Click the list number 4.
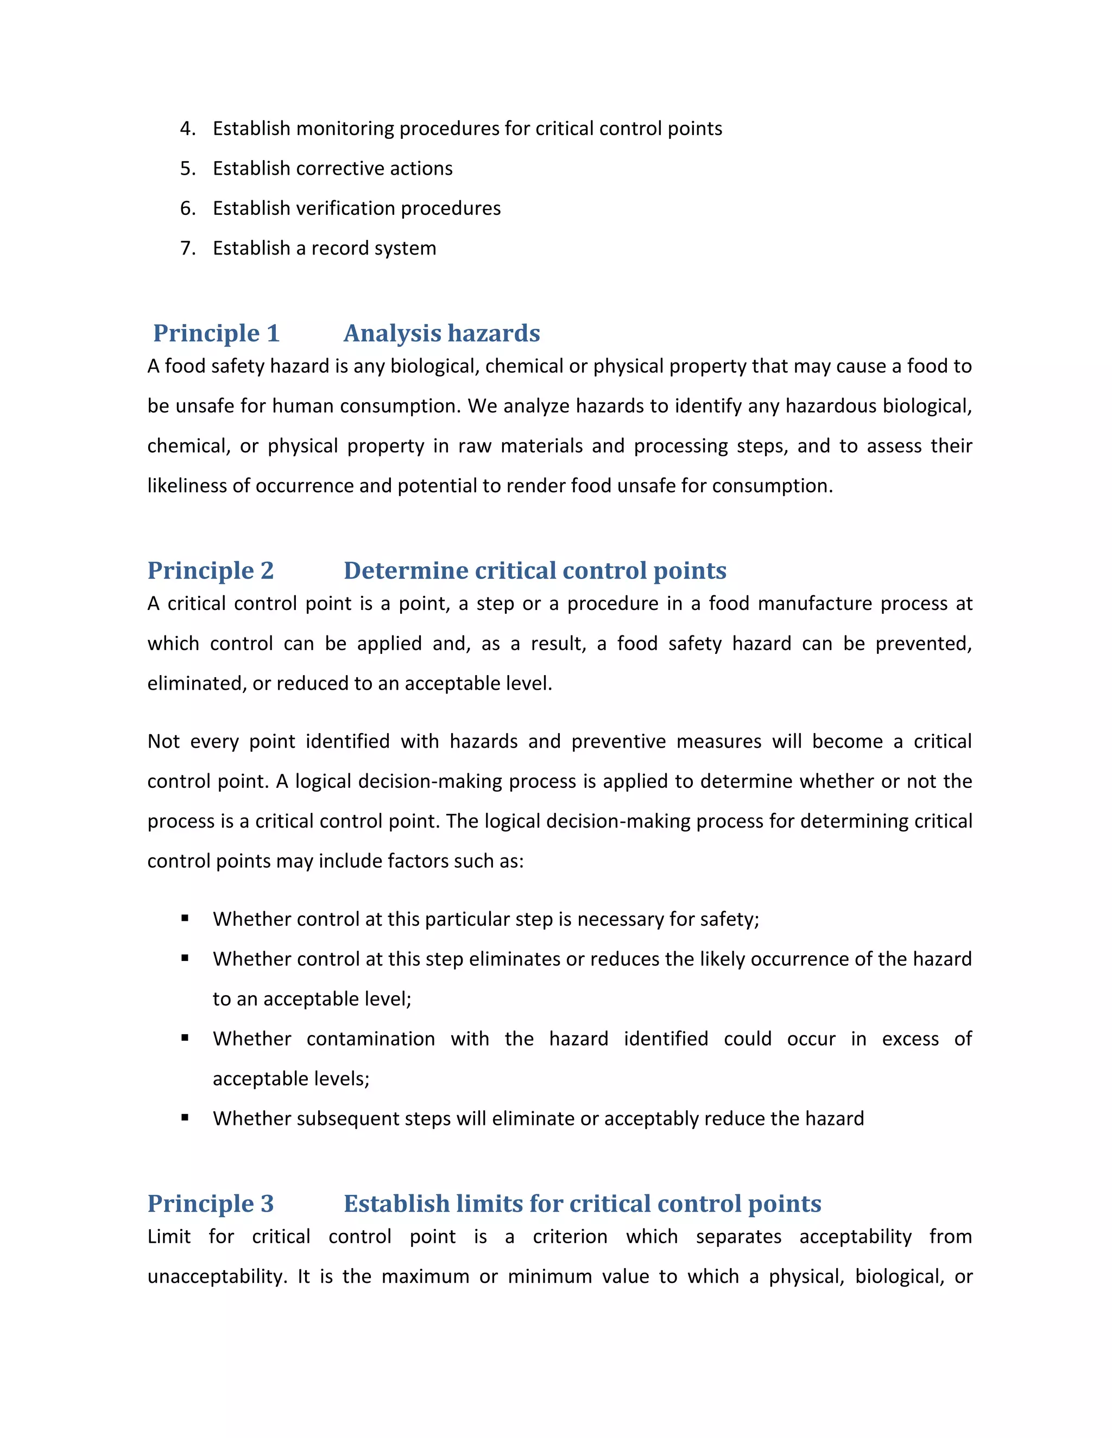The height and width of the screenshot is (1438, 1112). (187, 129)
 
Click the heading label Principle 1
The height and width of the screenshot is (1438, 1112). (216, 333)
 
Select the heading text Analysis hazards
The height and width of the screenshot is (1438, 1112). (441, 333)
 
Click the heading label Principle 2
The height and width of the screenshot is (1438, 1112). (210, 570)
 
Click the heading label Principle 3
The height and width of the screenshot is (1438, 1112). (210, 1204)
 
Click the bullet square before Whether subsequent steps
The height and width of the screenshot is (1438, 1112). (185, 1117)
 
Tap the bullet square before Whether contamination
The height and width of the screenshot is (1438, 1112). (185, 1038)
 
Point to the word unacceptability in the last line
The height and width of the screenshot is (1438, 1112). (216, 1277)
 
